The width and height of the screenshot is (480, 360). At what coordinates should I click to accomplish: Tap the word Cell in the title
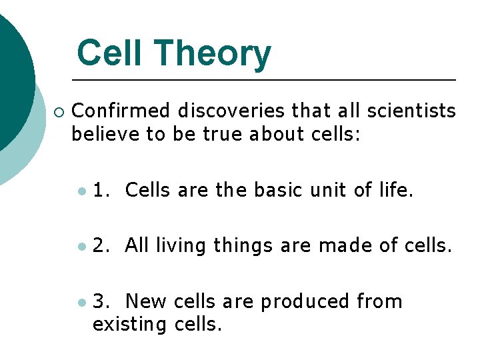(x=107, y=54)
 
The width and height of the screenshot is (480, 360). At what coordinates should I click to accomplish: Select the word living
(x=181, y=246)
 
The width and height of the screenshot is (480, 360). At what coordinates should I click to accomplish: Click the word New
(x=146, y=301)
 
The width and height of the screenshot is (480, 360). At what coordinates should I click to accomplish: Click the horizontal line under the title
(x=263, y=80)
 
